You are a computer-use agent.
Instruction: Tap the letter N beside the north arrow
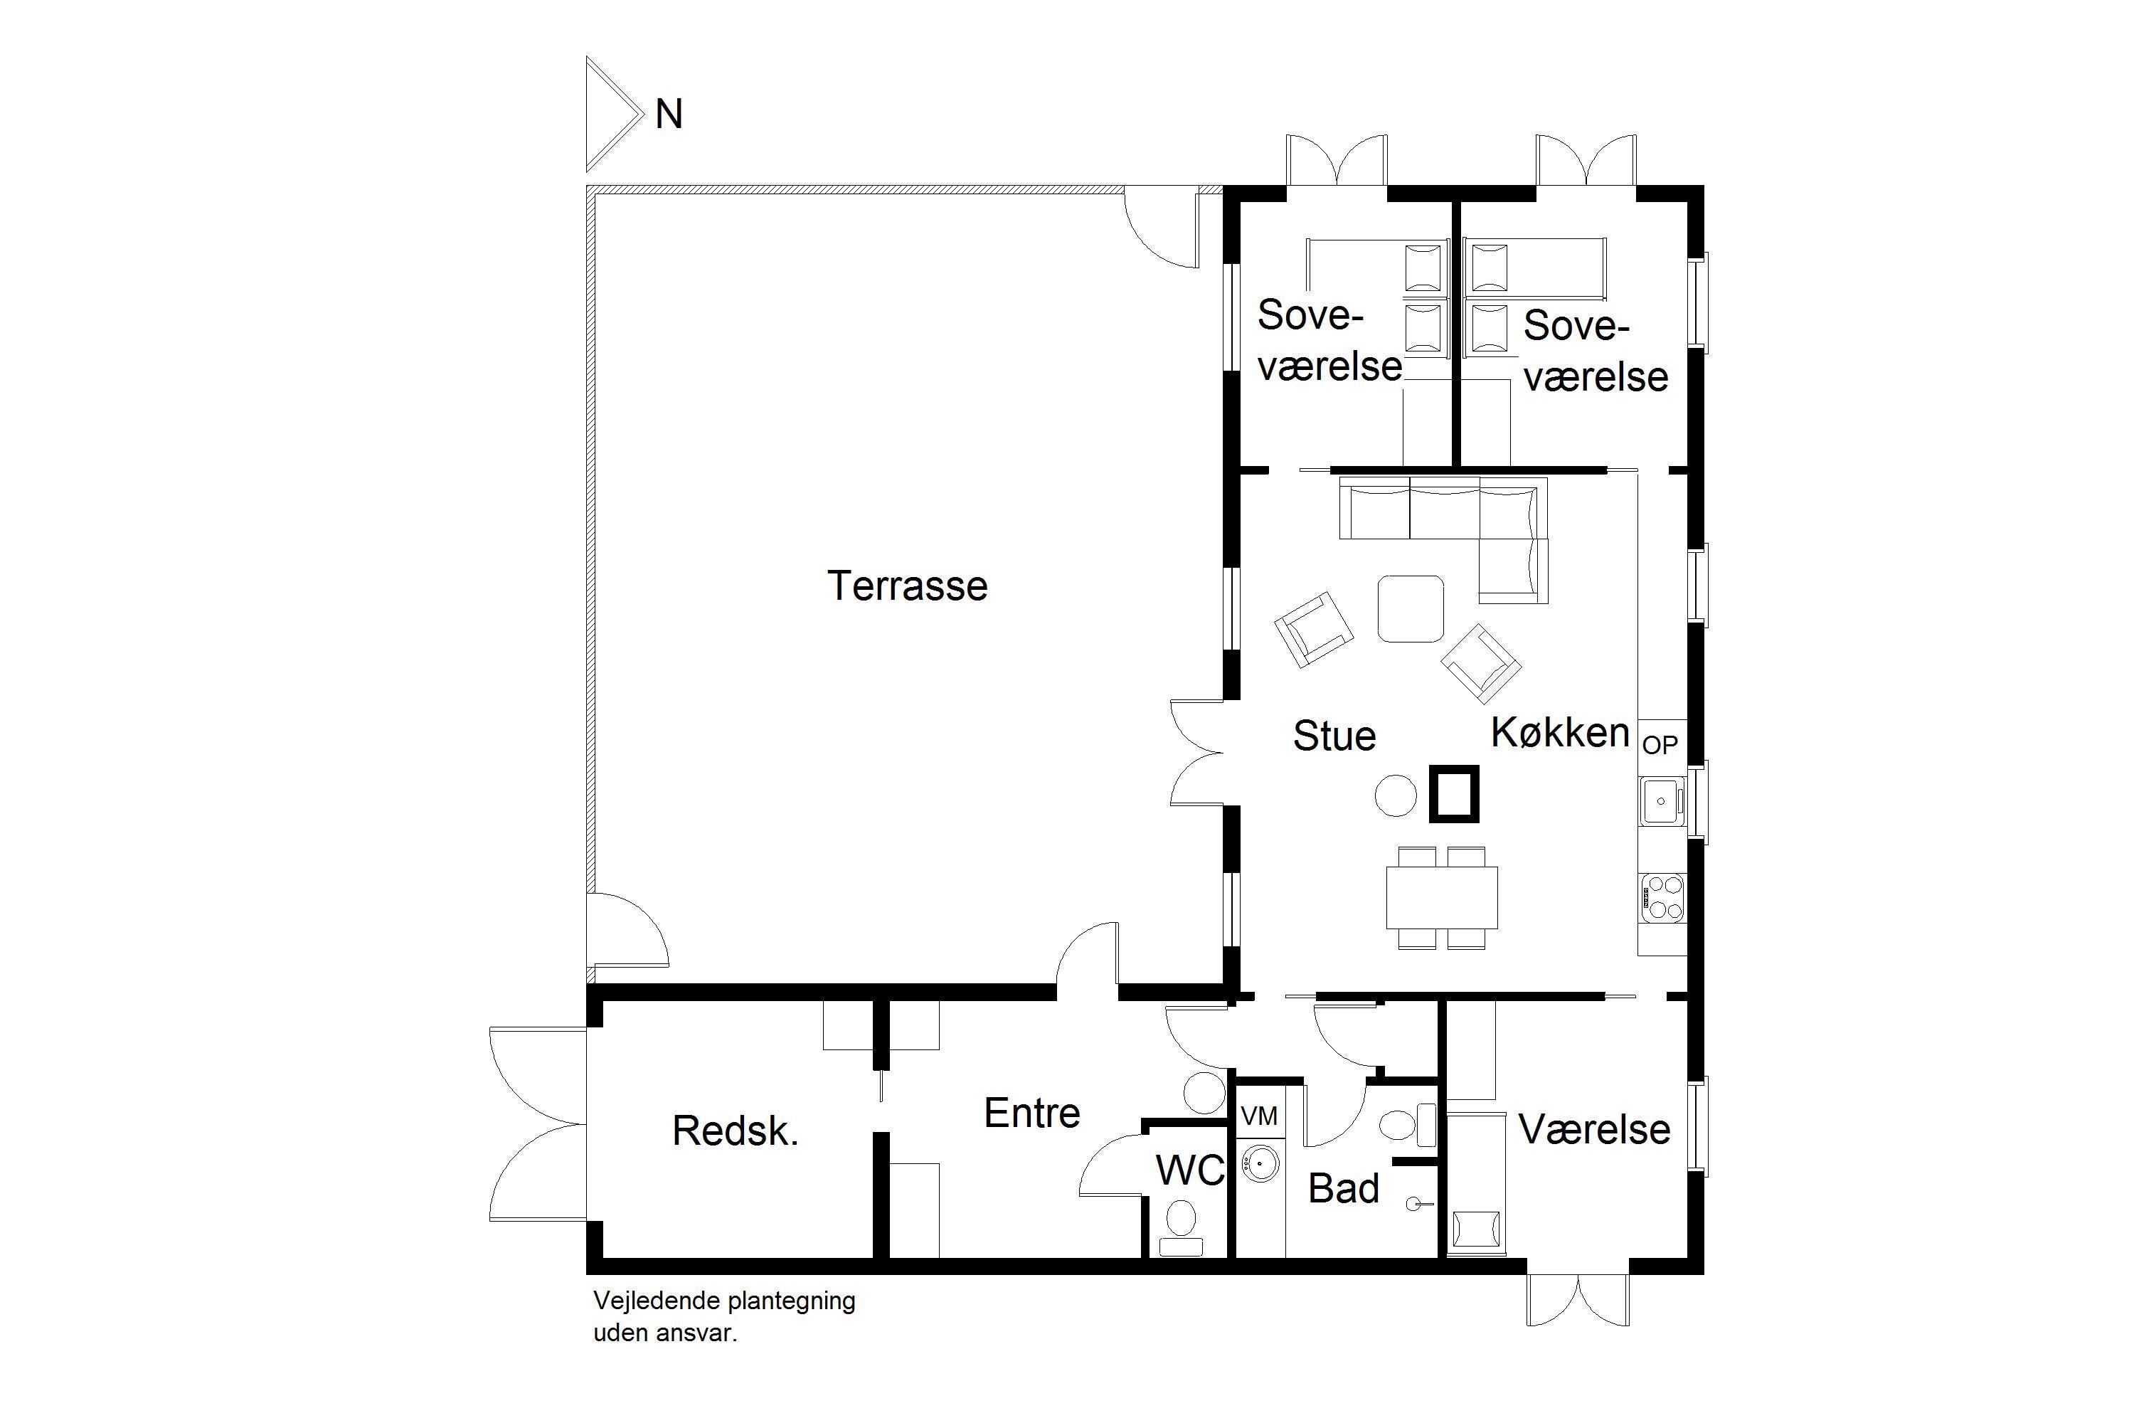669,115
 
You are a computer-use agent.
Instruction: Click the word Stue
1334,735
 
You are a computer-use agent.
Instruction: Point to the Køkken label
1560,731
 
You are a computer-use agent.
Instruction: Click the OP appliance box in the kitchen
1660,745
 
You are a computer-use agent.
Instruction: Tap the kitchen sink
1662,800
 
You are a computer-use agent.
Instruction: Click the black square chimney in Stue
1453,794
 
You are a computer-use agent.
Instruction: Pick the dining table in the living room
1441,896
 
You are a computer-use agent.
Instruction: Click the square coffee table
1410,608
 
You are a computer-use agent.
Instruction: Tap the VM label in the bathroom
1258,1116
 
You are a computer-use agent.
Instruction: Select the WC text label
1189,1170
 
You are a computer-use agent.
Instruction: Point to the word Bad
1343,1188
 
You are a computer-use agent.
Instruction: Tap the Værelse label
1594,1129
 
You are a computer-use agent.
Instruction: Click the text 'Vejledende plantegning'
724,1301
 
